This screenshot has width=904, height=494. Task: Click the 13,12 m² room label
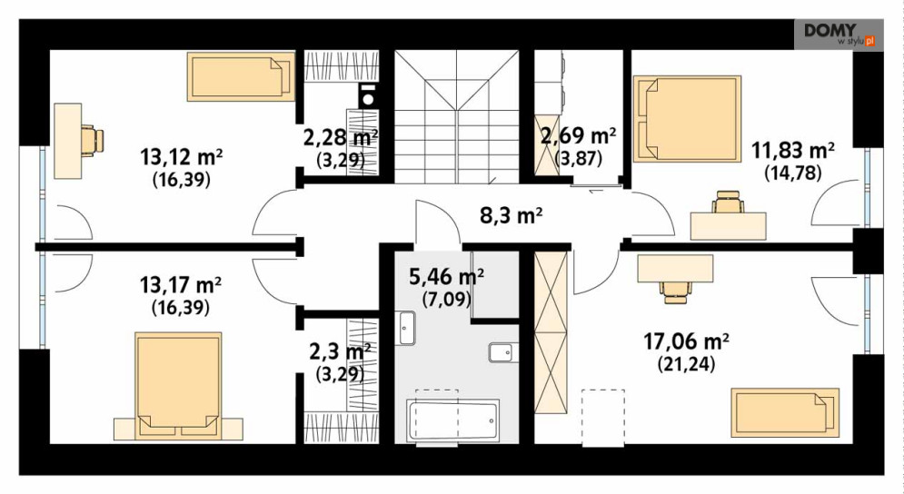click(x=182, y=156)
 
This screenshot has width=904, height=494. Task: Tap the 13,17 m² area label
click(x=181, y=285)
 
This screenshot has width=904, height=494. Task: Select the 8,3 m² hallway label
click(x=511, y=215)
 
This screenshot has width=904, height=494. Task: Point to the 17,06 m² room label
click(x=686, y=341)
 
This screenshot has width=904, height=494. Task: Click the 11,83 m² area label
click(x=793, y=151)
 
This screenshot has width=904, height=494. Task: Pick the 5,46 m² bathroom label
click(x=446, y=277)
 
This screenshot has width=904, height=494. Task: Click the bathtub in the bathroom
click(x=452, y=420)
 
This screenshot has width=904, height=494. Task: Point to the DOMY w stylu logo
click(x=839, y=35)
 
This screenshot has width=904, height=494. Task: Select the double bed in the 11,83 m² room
click(x=687, y=119)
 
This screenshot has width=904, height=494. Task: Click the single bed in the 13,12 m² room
click(x=241, y=76)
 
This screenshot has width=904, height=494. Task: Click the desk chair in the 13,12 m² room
click(x=92, y=140)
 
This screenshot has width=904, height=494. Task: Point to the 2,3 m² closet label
click(x=340, y=351)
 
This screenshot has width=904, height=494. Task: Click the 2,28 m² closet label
click(x=341, y=138)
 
